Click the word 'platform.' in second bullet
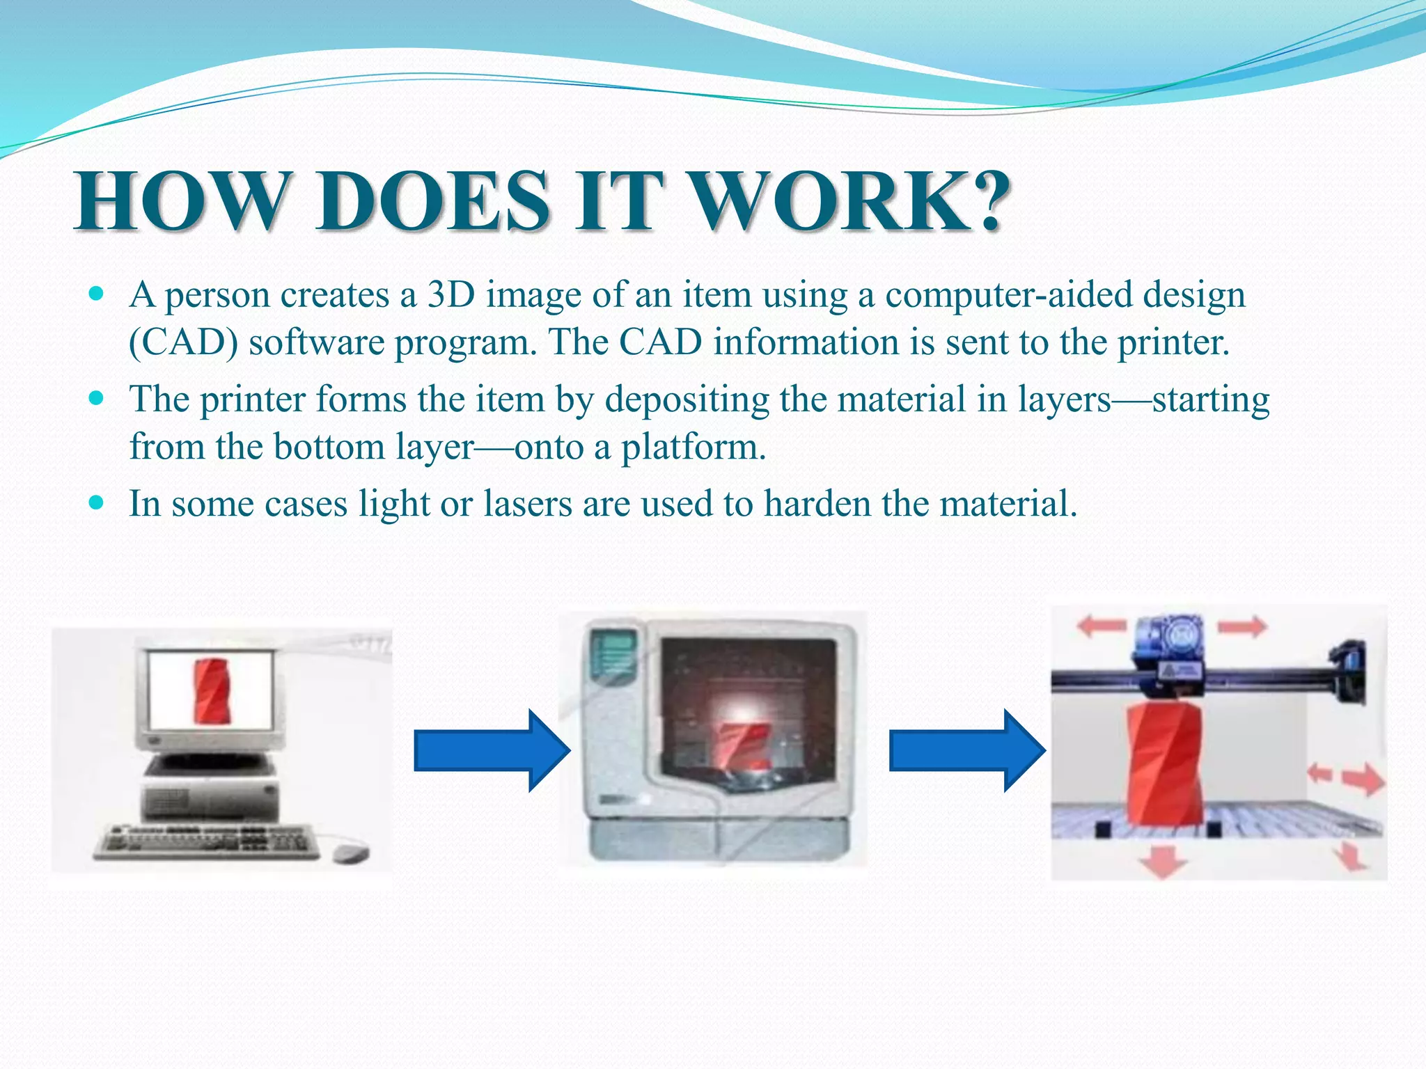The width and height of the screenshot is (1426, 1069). click(x=694, y=447)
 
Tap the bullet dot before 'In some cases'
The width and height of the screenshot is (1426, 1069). click(x=97, y=502)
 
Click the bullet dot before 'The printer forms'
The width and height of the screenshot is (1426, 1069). click(x=97, y=398)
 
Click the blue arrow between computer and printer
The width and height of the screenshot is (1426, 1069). click(x=491, y=750)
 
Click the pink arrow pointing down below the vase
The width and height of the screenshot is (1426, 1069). click(x=1163, y=861)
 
